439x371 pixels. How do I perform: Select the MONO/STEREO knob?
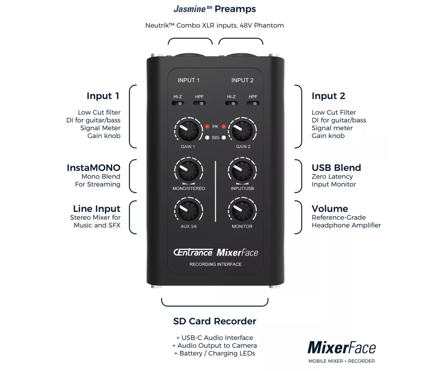[x=188, y=171]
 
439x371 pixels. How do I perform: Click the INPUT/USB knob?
[x=243, y=171]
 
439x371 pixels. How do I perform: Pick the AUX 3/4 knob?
[x=188, y=210]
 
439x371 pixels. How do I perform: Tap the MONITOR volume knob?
[x=243, y=210]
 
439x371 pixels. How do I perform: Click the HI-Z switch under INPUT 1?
[x=178, y=103]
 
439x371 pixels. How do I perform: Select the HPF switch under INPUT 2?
[x=253, y=103]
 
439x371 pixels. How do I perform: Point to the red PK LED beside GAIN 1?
[x=207, y=127]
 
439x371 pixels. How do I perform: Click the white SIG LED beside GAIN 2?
[x=223, y=138]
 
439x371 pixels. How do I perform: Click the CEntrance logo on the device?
[x=193, y=252]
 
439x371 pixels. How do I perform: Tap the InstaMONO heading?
[x=93, y=168]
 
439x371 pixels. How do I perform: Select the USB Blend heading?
[x=336, y=168]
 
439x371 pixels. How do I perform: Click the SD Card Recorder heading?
[x=215, y=321]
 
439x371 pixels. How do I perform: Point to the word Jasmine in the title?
[x=190, y=9]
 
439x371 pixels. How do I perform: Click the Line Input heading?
[x=96, y=209]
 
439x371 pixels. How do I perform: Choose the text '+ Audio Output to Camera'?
[x=215, y=346]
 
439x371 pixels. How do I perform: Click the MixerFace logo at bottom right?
[x=341, y=347]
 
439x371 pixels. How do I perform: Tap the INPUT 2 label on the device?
[x=242, y=80]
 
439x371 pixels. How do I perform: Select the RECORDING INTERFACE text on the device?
[x=215, y=264]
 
